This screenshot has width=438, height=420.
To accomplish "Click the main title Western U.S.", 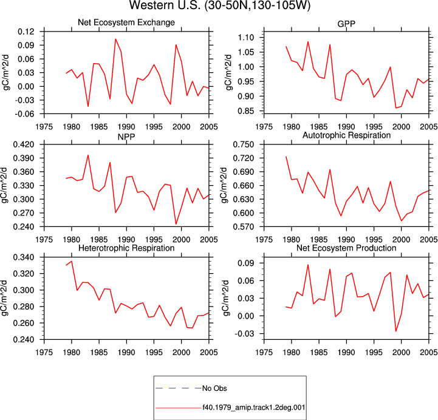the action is (x=220, y=5).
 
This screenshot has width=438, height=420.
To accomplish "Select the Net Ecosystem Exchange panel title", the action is (x=126, y=22).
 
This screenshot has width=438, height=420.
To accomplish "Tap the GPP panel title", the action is (x=346, y=24).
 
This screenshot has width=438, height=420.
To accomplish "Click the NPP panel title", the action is (x=126, y=137).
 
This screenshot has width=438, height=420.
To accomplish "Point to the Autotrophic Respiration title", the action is (x=346, y=135).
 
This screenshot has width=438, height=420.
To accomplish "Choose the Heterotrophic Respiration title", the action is (x=126, y=248).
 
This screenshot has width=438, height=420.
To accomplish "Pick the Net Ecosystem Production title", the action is (x=346, y=248).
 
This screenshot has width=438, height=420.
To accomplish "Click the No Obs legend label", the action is (x=214, y=388).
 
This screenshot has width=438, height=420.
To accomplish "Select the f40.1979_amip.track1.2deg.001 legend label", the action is (x=254, y=407).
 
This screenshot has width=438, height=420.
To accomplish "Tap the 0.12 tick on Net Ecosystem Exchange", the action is (x=26, y=32).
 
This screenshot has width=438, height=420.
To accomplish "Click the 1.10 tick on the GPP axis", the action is (x=246, y=38).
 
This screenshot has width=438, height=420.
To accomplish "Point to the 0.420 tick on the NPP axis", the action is (x=24, y=144).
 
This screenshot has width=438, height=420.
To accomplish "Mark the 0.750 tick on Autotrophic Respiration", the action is (x=244, y=144).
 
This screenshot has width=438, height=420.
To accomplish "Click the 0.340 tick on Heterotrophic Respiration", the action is (x=24, y=257).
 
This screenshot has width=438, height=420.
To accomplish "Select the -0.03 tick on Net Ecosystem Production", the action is (x=245, y=334).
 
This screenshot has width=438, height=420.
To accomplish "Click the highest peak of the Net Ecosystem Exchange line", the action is (x=115, y=39).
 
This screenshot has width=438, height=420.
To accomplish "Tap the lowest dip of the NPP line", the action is (x=176, y=224).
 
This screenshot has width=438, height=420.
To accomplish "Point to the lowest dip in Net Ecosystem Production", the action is (x=396, y=331).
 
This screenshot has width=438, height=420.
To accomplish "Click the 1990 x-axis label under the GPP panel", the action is (x=346, y=127).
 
